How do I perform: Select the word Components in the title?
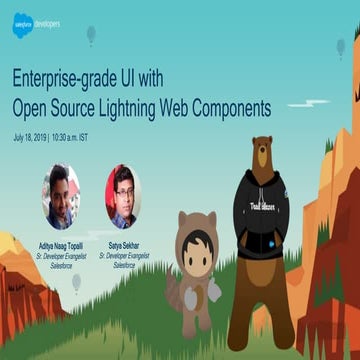[231, 106]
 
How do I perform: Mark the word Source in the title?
[83, 106]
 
